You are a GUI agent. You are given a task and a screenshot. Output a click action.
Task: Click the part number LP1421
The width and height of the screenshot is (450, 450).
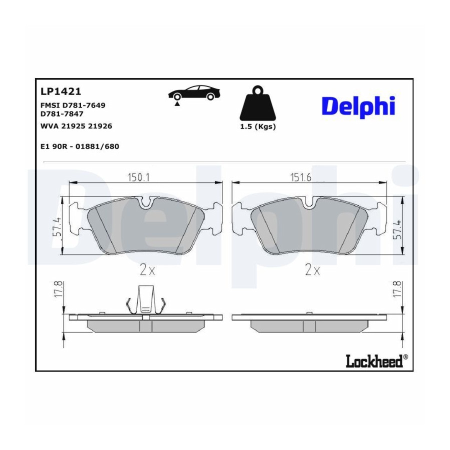tap(61, 91)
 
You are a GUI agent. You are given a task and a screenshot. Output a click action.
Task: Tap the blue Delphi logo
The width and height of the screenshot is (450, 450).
tap(358, 106)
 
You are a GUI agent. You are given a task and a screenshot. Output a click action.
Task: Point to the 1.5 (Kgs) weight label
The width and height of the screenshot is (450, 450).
tap(257, 126)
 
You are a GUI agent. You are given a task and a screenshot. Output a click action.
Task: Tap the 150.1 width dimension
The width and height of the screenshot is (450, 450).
tap(138, 177)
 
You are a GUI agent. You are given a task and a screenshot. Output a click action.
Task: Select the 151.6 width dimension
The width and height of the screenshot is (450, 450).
tap(301, 177)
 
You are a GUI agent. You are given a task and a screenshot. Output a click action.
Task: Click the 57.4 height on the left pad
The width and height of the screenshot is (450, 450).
tap(57, 226)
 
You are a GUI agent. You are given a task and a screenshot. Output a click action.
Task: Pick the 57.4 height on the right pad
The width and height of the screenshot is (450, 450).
tap(397, 230)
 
